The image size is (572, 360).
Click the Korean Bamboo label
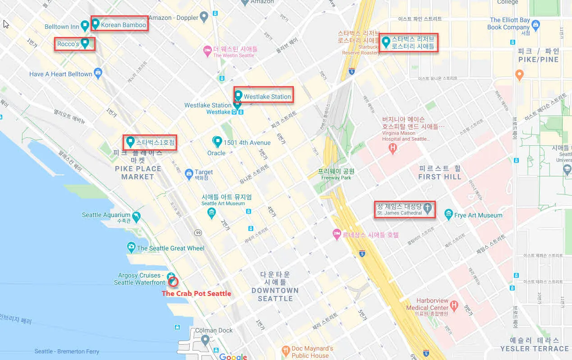[123, 25]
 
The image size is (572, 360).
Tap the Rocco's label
[68, 44]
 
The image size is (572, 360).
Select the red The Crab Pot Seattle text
[196, 293]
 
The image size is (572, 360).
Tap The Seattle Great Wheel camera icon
[131, 247]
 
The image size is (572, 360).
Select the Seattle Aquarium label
[106, 215]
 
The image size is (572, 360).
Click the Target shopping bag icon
[189, 175]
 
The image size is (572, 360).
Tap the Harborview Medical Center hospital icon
[454, 306]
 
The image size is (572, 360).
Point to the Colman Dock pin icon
[205, 339]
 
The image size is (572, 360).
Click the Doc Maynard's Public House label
[312, 352]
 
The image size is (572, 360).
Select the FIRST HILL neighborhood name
[439, 172]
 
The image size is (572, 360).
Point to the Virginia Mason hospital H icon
[393, 148]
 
